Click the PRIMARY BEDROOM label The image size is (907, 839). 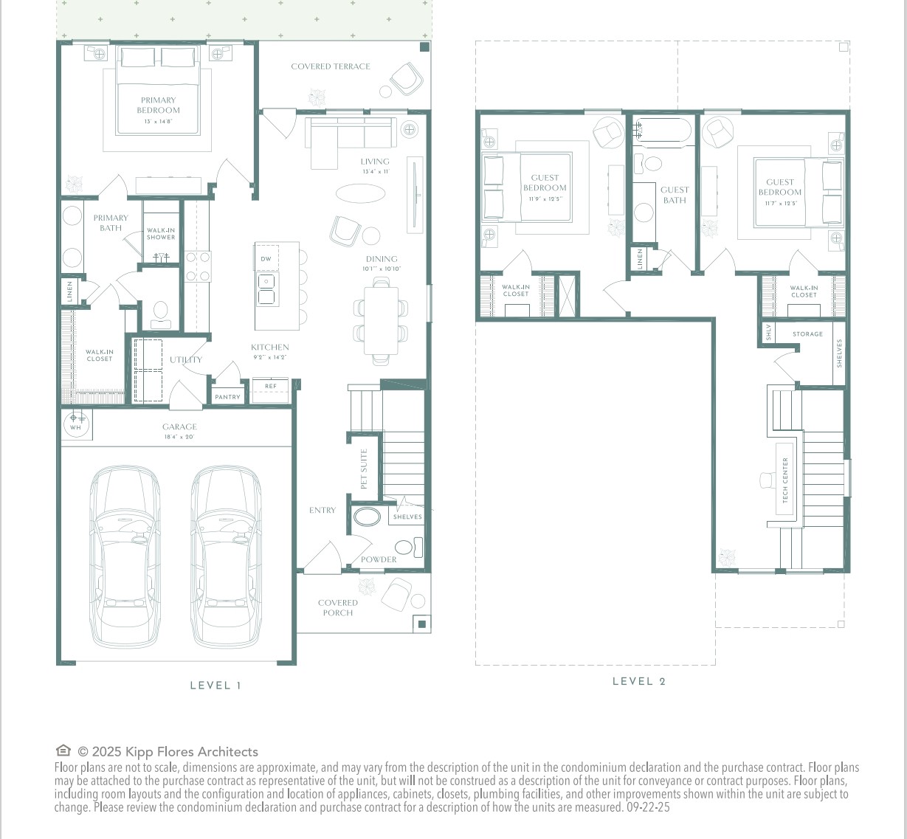pos(158,106)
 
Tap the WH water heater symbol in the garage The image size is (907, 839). pos(75,424)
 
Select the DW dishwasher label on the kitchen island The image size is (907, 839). pos(266,259)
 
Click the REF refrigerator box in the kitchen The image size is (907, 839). pos(271,387)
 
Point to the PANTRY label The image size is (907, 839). pos(227,397)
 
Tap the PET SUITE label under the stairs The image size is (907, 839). pos(364,469)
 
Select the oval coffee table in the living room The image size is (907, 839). pos(360,193)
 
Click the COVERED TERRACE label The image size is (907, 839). pos(331,66)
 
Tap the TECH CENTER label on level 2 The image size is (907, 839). pos(785,480)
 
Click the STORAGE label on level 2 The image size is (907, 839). pos(807,334)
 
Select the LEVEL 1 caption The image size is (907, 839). pos(215,686)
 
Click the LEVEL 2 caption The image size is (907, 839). pos(639,681)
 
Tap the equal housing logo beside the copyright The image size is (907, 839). pos(63,751)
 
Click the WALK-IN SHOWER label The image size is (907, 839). pos(161,234)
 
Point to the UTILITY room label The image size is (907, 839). pos(185,360)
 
